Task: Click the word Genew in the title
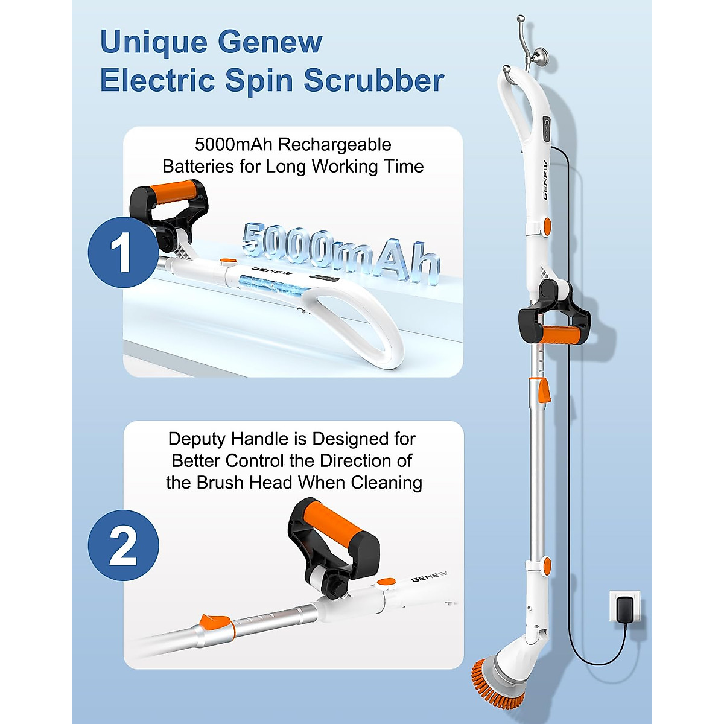pos(270,42)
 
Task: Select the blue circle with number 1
pos(122,252)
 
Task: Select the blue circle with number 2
pos(123,545)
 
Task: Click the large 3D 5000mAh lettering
pos(341,253)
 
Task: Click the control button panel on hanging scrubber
pos(547,129)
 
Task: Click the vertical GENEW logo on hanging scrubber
pos(545,180)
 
